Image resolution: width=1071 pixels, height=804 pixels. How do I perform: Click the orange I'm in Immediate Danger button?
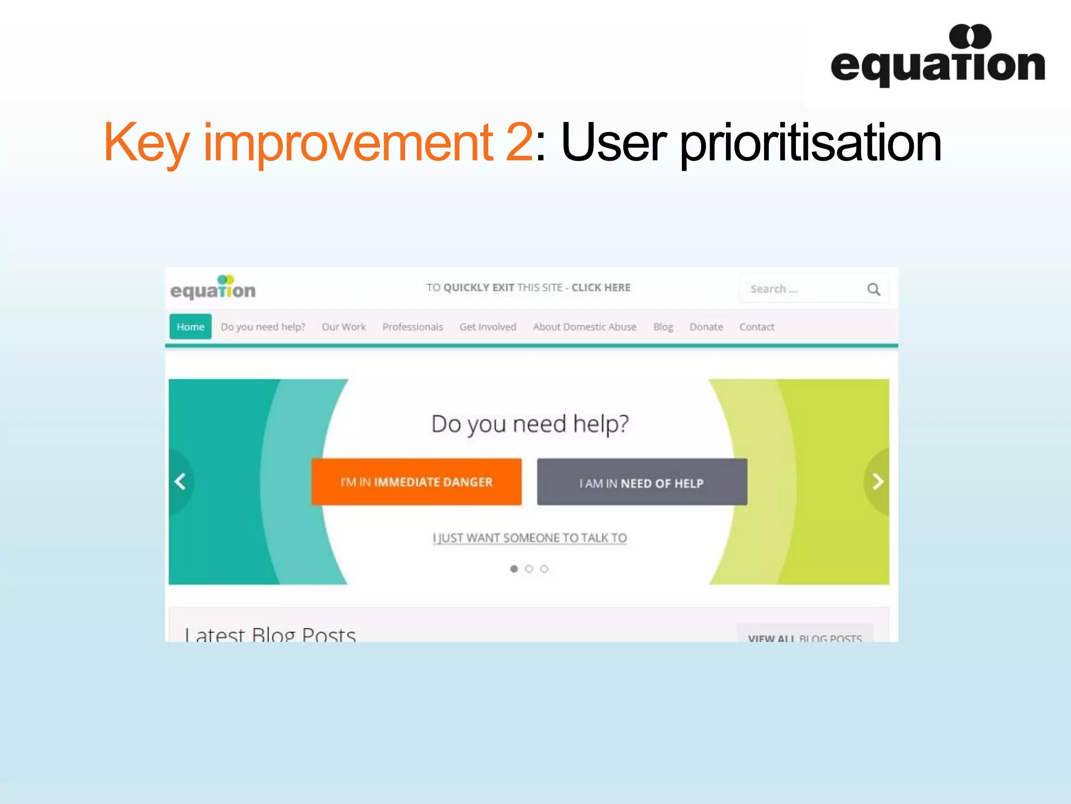click(x=416, y=482)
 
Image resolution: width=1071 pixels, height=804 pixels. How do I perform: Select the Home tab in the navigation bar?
click(x=190, y=327)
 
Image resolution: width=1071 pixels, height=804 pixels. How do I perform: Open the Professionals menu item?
click(x=413, y=327)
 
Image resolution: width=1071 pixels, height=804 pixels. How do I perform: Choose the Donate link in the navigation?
click(x=706, y=327)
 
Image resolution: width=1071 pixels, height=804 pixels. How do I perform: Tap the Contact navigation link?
click(x=757, y=327)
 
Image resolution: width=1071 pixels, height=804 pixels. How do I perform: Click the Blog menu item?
click(x=663, y=327)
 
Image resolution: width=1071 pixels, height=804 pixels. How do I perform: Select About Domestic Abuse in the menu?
click(x=585, y=327)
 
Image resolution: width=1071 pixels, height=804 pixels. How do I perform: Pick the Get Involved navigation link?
click(x=488, y=327)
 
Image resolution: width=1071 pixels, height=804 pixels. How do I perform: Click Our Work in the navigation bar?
click(x=344, y=327)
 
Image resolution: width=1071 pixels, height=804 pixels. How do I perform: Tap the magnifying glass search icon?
click(x=873, y=289)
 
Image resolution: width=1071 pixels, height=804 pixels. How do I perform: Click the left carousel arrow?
click(x=180, y=482)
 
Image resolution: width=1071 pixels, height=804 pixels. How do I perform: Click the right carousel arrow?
click(x=878, y=482)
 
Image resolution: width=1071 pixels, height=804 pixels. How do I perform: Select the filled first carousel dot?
click(x=514, y=568)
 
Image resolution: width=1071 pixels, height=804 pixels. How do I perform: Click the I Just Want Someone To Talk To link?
click(x=530, y=538)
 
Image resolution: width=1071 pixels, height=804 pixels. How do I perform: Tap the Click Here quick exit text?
click(x=601, y=287)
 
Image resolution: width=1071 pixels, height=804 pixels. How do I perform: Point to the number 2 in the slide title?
click(x=519, y=141)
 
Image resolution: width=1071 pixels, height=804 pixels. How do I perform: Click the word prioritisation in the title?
click(x=811, y=142)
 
